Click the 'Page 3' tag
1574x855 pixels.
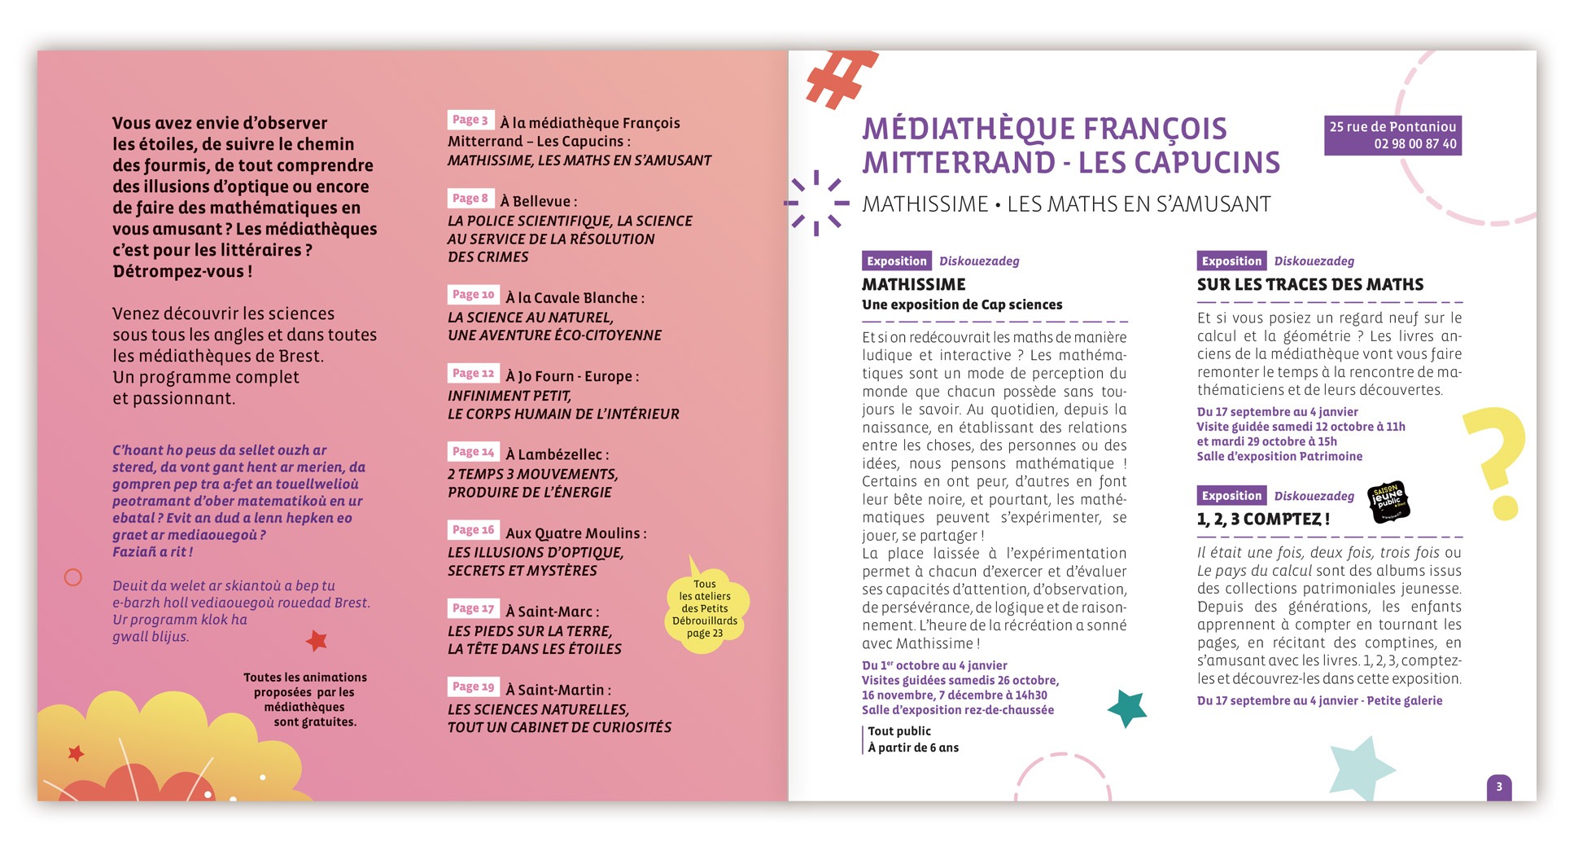click(470, 120)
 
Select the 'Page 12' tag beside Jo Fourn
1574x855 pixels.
click(473, 373)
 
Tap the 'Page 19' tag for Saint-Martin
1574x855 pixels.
click(473, 686)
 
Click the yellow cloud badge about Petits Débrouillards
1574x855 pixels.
click(705, 609)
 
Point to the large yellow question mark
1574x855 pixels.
click(1496, 460)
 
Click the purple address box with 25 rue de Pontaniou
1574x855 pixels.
click(1393, 135)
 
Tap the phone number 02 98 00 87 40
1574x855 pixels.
click(1415, 144)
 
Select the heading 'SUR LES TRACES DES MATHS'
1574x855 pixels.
click(1309, 284)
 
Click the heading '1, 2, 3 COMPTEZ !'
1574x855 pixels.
click(1263, 519)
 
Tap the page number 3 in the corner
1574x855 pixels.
click(1499, 787)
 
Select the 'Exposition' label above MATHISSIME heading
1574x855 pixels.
click(896, 261)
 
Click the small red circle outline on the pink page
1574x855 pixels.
click(73, 577)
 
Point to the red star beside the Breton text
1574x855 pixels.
click(317, 640)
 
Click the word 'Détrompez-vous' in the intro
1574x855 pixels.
click(177, 271)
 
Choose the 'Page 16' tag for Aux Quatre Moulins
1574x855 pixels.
click(473, 529)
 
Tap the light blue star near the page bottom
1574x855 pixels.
click(1362, 769)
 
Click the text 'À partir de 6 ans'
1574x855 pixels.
click(913, 748)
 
